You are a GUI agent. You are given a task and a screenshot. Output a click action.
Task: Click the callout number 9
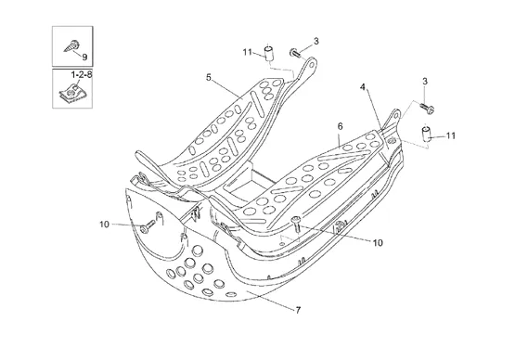click(84, 57)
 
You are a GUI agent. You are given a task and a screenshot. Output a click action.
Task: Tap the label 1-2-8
click(81, 74)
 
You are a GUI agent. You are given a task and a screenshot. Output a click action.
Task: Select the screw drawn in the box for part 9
click(72, 45)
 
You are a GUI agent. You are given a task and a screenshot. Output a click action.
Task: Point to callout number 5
click(209, 77)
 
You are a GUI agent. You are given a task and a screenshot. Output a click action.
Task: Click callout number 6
click(341, 126)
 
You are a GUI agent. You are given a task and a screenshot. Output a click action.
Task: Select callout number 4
click(363, 87)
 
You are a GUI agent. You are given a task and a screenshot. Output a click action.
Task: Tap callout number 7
click(298, 310)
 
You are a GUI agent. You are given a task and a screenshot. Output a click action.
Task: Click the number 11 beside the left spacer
click(248, 52)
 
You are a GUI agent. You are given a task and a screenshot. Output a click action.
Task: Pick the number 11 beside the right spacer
click(451, 135)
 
